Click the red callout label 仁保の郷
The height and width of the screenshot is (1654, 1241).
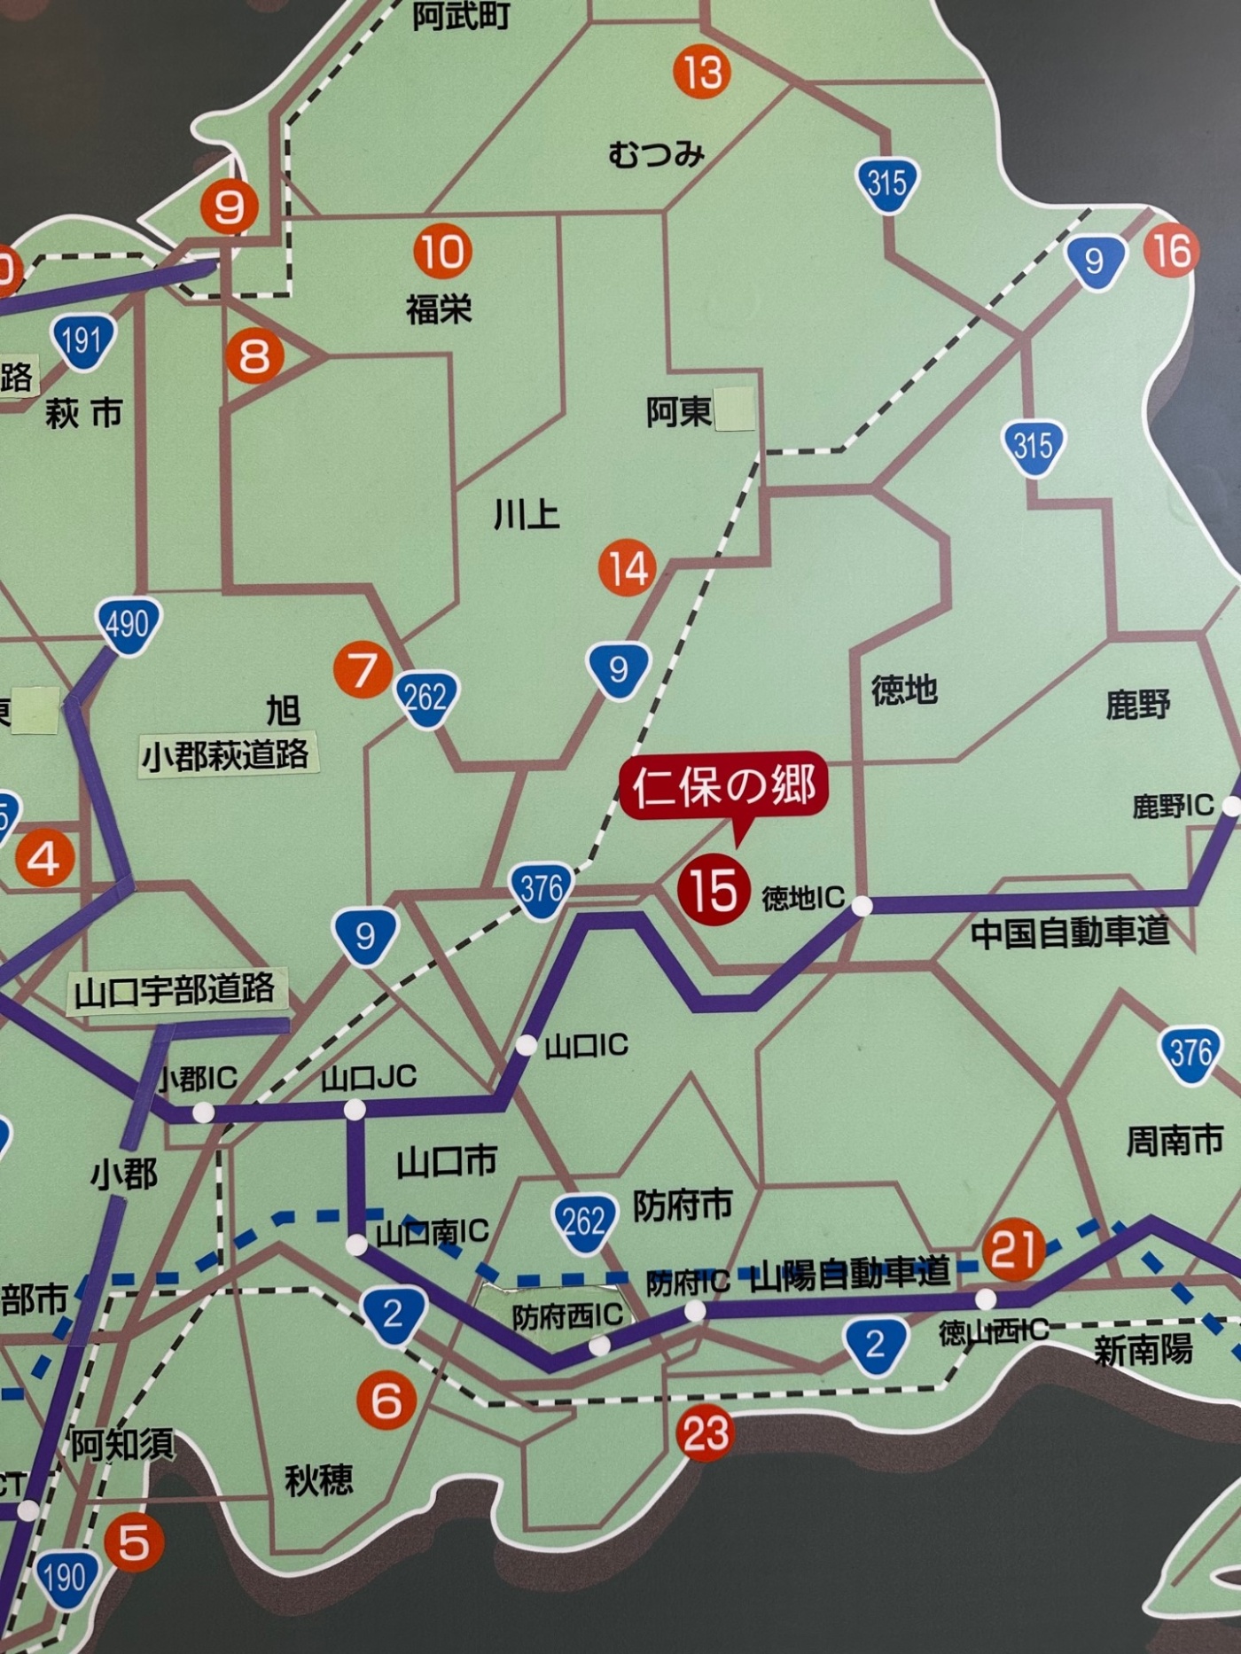(x=724, y=785)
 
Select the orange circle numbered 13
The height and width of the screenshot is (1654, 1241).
(x=702, y=71)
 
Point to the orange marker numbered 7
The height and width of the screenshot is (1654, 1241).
(x=363, y=670)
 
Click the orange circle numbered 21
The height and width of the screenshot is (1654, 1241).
(x=1013, y=1249)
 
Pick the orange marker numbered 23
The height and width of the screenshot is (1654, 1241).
(x=705, y=1433)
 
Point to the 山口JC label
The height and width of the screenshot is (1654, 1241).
(x=369, y=1078)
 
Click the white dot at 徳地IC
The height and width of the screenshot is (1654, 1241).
(x=862, y=906)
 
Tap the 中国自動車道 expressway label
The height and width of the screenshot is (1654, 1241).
(x=1069, y=932)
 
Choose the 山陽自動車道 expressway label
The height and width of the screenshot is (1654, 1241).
(x=850, y=1273)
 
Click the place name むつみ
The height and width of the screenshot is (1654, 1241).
(x=656, y=155)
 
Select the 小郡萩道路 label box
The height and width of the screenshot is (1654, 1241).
(x=226, y=756)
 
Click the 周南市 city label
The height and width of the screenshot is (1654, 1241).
(x=1174, y=1141)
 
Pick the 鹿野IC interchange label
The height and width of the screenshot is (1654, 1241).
(x=1172, y=806)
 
